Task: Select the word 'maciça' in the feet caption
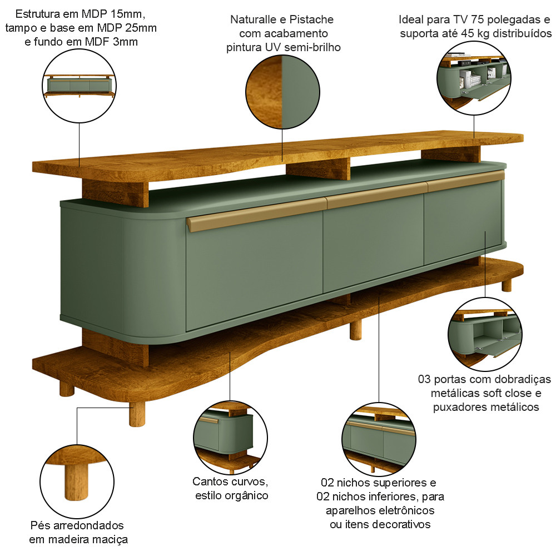(110, 540)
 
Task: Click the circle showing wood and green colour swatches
(282, 92)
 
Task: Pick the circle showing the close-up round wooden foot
(77, 481)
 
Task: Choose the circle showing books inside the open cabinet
(474, 78)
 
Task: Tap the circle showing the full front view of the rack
(80, 86)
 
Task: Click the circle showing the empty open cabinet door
(485, 334)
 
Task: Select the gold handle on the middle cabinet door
(376, 196)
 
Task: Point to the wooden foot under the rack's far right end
(507, 285)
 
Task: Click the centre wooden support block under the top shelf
(318, 169)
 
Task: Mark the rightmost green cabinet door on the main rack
(463, 222)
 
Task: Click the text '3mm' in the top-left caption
(125, 42)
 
